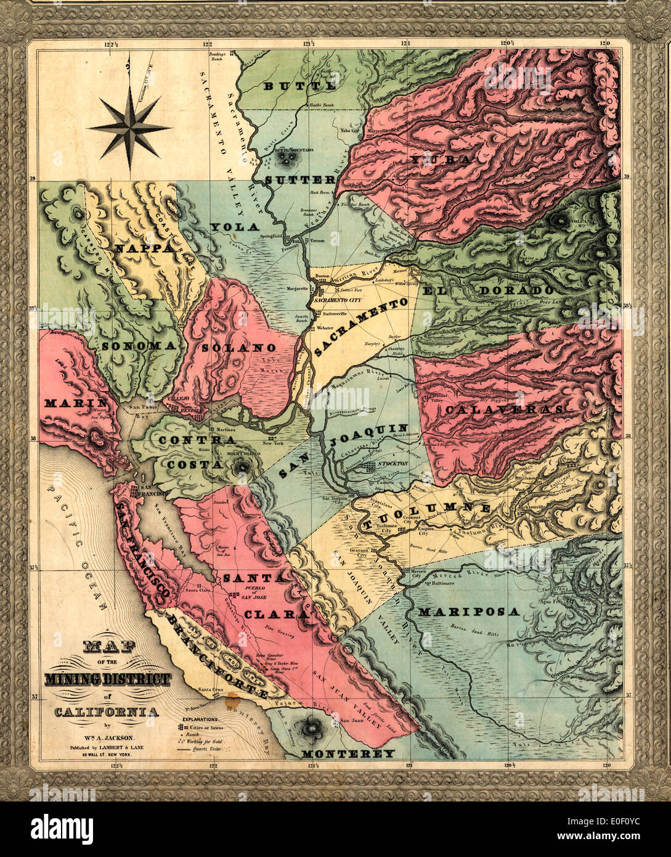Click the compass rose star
129,128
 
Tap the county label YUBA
441,160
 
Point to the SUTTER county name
301,179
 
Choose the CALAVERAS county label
504,409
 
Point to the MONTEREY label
348,753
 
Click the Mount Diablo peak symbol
240,469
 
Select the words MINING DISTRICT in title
107,679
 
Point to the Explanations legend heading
199,719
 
